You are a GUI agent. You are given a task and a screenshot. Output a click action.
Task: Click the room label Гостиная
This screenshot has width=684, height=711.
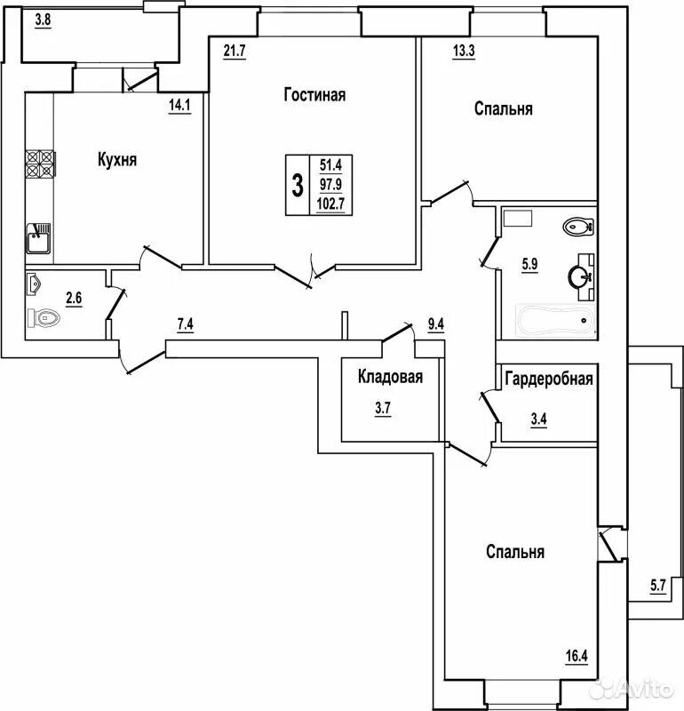[x=314, y=95]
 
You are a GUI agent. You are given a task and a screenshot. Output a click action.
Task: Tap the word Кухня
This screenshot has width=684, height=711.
[x=116, y=160]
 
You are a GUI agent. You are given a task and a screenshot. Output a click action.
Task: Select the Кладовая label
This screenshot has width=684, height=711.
[x=390, y=377]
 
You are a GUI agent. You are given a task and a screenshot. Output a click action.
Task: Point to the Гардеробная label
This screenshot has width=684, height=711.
[x=548, y=379]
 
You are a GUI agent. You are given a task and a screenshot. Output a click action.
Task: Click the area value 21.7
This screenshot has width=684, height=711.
[x=234, y=51]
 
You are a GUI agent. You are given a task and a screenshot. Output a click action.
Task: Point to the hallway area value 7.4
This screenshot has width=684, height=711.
[x=186, y=325]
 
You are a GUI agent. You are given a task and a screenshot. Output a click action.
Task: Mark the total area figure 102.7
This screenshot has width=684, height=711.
[x=330, y=205]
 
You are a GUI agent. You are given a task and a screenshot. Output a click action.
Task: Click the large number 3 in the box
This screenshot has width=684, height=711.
[x=297, y=186]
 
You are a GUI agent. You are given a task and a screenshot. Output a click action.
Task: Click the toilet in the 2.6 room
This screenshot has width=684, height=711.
[x=44, y=316]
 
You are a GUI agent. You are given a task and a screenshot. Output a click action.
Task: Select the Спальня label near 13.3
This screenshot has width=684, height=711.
[x=503, y=108]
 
